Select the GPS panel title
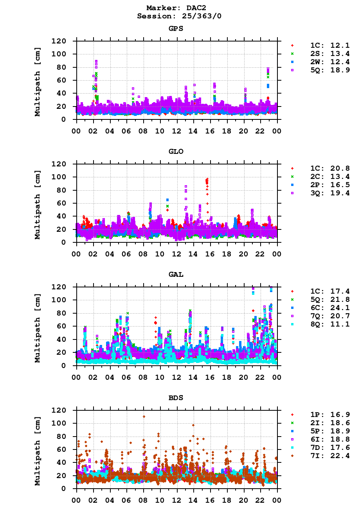click(x=176, y=29)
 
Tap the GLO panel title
click(x=176, y=152)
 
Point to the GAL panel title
click(x=176, y=274)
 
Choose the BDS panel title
click(x=176, y=397)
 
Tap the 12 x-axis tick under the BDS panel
click(x=177, y=500)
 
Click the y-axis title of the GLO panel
click(x=38, y=204)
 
